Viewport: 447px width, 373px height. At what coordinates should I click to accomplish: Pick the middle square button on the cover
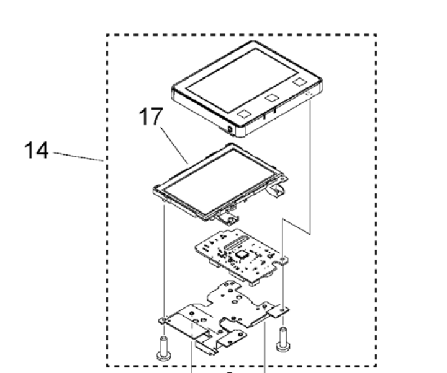click(x=271, y=98)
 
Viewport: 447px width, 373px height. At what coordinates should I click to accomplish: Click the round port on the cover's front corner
click(x=231, y=129)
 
